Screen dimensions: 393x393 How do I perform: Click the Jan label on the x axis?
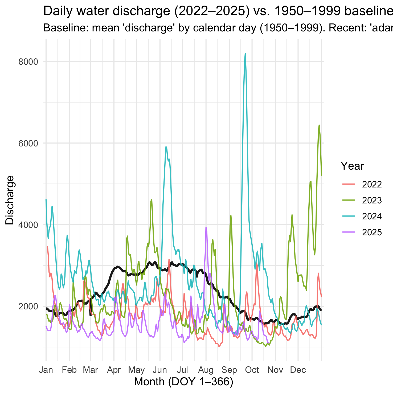(x=46, y=370)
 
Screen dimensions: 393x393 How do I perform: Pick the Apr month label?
(x=114, y=370)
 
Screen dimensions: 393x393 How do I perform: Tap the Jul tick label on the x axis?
(x=183, y=370)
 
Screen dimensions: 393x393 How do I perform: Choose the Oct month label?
(x=252, y=370)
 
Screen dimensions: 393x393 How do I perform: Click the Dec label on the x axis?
(x=298, y=370)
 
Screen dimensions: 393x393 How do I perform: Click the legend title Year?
(x=353, y=166)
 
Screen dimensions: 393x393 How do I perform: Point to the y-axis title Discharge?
(x=10, y=200)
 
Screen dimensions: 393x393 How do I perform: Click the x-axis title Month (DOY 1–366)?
(x=184, y=382)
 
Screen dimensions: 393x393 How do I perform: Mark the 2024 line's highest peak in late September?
(x=245, y=54)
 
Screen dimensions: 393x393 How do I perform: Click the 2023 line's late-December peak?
(x=319, y=125)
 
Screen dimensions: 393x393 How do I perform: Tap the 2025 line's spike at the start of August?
(x=206, y=228)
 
